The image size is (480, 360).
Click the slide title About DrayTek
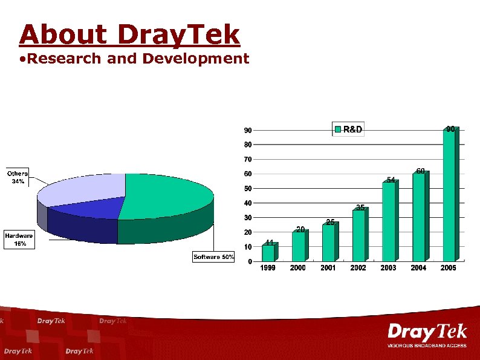(x=129, y=34)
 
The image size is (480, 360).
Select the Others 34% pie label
(x=17, y=177)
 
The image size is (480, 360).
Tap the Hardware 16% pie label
(x=19, y=239)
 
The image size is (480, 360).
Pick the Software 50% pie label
(x=213, y=257)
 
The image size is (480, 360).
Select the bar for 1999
(x=268, y=253)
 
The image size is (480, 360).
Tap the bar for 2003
(x=388, y=221)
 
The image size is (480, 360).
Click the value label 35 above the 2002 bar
(x=360, y=208)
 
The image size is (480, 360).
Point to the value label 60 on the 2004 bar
(x=420, y=171)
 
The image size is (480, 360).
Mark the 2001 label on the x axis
(x=328, y=268)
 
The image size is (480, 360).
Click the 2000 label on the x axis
(x=298, y=268)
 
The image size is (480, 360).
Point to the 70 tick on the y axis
(x=248, y=160)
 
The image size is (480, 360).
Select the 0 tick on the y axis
(x=250, y=262)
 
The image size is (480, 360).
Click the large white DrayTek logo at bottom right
(x=427, y=332)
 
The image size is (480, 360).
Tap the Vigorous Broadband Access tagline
(x=427, y=345)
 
